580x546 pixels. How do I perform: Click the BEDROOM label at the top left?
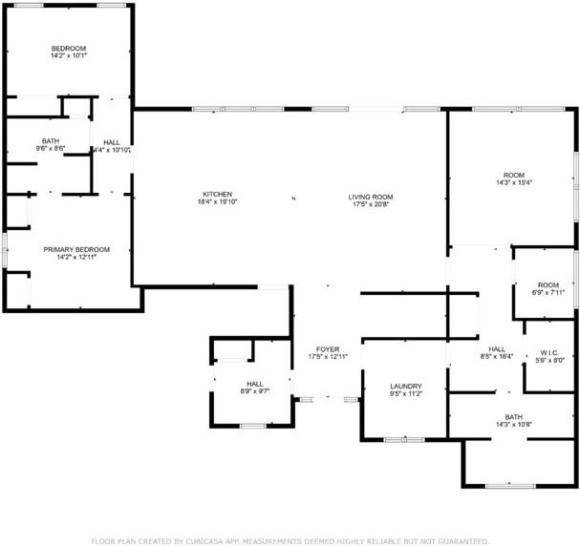pos(69,49)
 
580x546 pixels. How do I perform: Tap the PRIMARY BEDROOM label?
pos(70,248)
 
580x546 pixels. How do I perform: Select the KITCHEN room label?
pos(217,194)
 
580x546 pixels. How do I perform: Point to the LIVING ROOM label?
pos(370,197)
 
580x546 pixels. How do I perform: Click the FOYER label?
pos(328,349)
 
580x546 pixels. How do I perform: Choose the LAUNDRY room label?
pos(405,386)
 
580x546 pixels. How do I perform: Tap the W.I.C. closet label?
pos(548,352)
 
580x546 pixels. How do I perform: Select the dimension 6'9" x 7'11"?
pos(548,292)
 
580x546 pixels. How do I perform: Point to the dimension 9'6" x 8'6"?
pos(50,149)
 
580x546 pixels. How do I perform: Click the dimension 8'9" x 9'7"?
pos(254,391)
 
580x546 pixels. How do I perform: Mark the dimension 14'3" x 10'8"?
pos(514,424)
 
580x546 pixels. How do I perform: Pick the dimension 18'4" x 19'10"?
pos(217,201)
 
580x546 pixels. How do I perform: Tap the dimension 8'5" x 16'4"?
pos(497,356)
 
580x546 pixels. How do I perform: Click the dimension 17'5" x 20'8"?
pos(370,204)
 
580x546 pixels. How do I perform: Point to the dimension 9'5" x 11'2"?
pos(405,393)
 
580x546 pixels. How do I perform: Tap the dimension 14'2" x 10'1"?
pos(69,56)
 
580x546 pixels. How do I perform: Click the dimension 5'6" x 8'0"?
pos(548,360)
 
